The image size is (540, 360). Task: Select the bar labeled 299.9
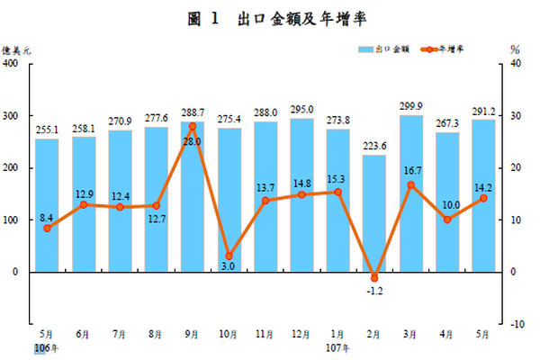410,193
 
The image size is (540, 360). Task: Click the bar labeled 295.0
301,194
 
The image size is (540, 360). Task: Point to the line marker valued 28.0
193,127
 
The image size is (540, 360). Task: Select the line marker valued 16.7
410,184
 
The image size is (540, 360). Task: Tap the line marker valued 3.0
229,256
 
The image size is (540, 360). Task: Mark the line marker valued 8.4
47,228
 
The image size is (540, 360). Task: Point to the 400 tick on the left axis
12,64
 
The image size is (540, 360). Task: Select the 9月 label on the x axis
193,334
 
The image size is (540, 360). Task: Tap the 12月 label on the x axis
301,334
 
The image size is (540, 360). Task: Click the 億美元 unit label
16,49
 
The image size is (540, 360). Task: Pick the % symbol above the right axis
515,49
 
